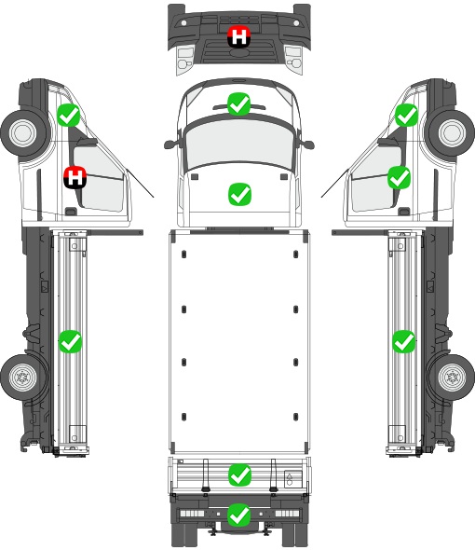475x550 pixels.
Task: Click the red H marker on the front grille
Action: click(239, 36)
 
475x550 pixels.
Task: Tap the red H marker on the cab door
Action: click(75, 177)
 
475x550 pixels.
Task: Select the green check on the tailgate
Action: click(239, 475)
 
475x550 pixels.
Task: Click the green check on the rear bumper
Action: click(239, 515)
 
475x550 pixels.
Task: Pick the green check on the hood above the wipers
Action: click(239, 103)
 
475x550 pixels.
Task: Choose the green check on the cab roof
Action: click(239, 194)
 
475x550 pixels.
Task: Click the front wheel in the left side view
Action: click(24, 133)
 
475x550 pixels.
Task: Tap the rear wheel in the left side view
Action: click(23, 378)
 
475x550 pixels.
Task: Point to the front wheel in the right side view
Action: click(452, 133)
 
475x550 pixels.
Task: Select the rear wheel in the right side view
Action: click(452, 378)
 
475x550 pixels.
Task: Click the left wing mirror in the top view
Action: click(171, 144)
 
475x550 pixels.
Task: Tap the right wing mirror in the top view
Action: click(306, 144)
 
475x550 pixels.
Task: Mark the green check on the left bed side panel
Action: click(70, 341)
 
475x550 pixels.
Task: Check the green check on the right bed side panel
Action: click(404, 341)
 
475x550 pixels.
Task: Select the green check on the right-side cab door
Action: click(399, 177)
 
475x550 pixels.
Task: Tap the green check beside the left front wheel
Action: click(69, 115)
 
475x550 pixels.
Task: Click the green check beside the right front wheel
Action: click(407, 115)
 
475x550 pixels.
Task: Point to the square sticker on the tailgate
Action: click(292, 479)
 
